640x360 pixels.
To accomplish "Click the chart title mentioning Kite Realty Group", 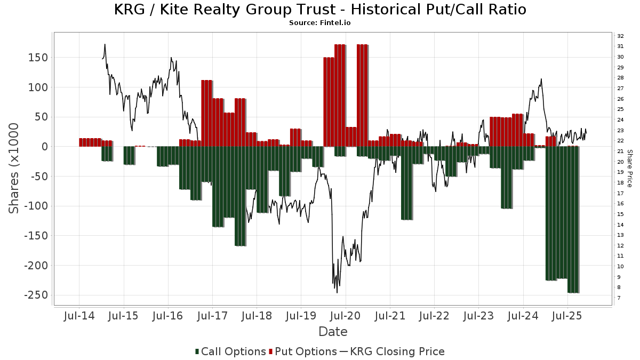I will click(320, 10).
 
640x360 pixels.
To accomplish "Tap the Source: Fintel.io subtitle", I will click(320, 23).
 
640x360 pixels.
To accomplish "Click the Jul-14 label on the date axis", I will click(79, 316).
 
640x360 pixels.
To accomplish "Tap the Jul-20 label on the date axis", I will click(345, 316).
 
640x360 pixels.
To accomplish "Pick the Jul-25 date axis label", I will click(567, 316).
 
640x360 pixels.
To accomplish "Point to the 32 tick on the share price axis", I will click(620, 36).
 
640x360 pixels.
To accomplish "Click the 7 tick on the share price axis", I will click(619, 298).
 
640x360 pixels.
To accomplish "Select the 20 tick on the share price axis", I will click(620, 162).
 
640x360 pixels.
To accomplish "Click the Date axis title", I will click(333, 332).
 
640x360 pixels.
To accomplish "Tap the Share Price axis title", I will click(629, 168).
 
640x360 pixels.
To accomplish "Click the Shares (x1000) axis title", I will click(14, 168).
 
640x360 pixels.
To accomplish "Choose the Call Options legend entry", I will click(230, 351).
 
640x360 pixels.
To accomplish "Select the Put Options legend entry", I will click(303, 351).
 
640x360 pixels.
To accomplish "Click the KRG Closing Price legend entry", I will click(392, 351).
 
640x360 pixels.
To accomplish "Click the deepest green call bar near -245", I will click(573, 219).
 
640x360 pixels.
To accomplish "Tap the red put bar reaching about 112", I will click(207, 113).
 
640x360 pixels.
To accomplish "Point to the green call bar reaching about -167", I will click(240, 196).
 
